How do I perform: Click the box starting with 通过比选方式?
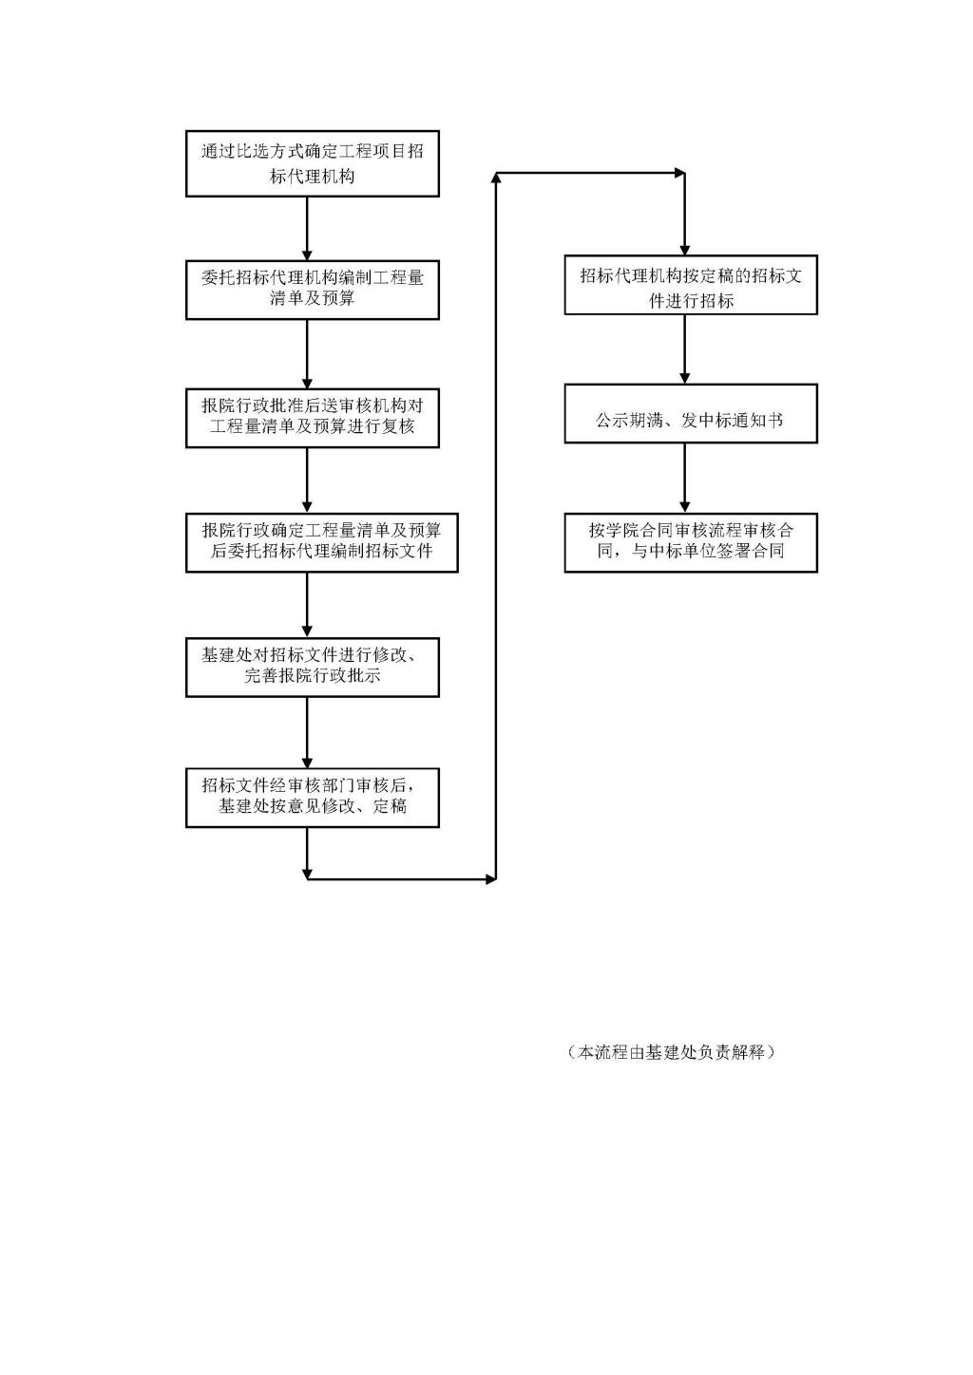(312, 163)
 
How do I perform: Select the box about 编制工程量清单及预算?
(312, 290)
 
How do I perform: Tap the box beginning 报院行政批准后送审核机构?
(312, 418)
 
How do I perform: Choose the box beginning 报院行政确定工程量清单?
(322, 542)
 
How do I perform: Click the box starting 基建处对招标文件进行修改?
(312, 668)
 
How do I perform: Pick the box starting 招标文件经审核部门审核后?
(312, 798)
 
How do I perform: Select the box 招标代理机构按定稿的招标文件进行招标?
(691, 285)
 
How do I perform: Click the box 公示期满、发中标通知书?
(691, 414)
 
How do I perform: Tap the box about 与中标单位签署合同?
(691, 542)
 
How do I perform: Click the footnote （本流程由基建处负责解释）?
(670, 1052)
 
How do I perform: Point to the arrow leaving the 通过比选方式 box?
(307, 228)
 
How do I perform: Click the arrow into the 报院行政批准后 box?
(307, 354)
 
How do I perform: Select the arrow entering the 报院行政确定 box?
(307, 480)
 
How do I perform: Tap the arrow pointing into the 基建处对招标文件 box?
(307, 605)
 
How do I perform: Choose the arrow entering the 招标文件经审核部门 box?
(307, 733)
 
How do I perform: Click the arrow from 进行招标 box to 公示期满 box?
(685, 349)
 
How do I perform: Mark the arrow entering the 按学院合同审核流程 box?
(685, 479)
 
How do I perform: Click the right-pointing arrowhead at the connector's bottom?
(491, 879)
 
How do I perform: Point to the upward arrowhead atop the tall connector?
(496, 178)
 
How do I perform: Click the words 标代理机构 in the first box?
(312, 177)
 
